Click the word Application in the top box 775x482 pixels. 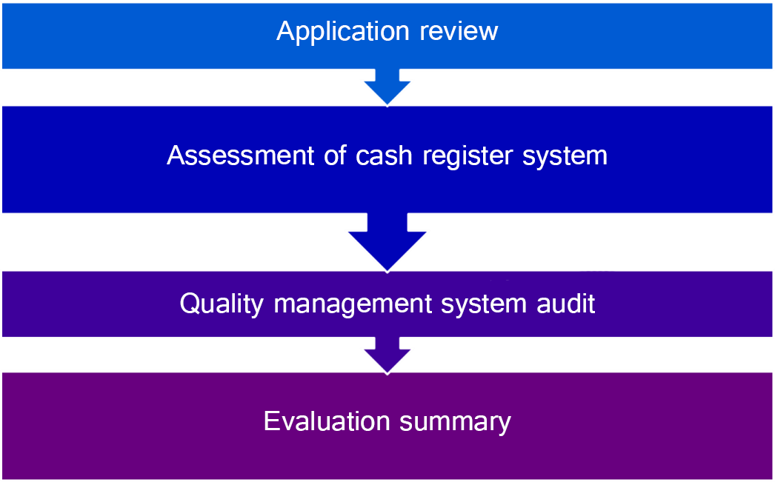[342, 32]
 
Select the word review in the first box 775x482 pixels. [459, 30]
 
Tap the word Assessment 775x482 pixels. [241, 155]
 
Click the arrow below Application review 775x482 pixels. [387, 87]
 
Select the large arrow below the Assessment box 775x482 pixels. [387, 242]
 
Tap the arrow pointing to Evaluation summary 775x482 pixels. [387, 355]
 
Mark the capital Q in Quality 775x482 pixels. [189, 304]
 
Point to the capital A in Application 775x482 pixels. [286, 30]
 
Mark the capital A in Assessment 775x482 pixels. [177, 155]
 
